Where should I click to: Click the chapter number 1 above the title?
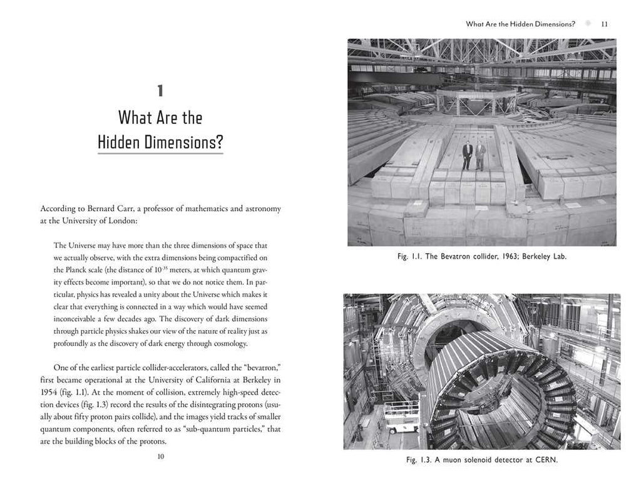coord(160,91)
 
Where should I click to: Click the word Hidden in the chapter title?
coord(119,143)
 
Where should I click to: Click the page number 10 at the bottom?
coord(160,457)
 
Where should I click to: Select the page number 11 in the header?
coord(604,24)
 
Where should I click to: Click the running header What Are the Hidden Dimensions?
coord(520,24)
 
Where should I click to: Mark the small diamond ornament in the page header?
coord(587,24)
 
